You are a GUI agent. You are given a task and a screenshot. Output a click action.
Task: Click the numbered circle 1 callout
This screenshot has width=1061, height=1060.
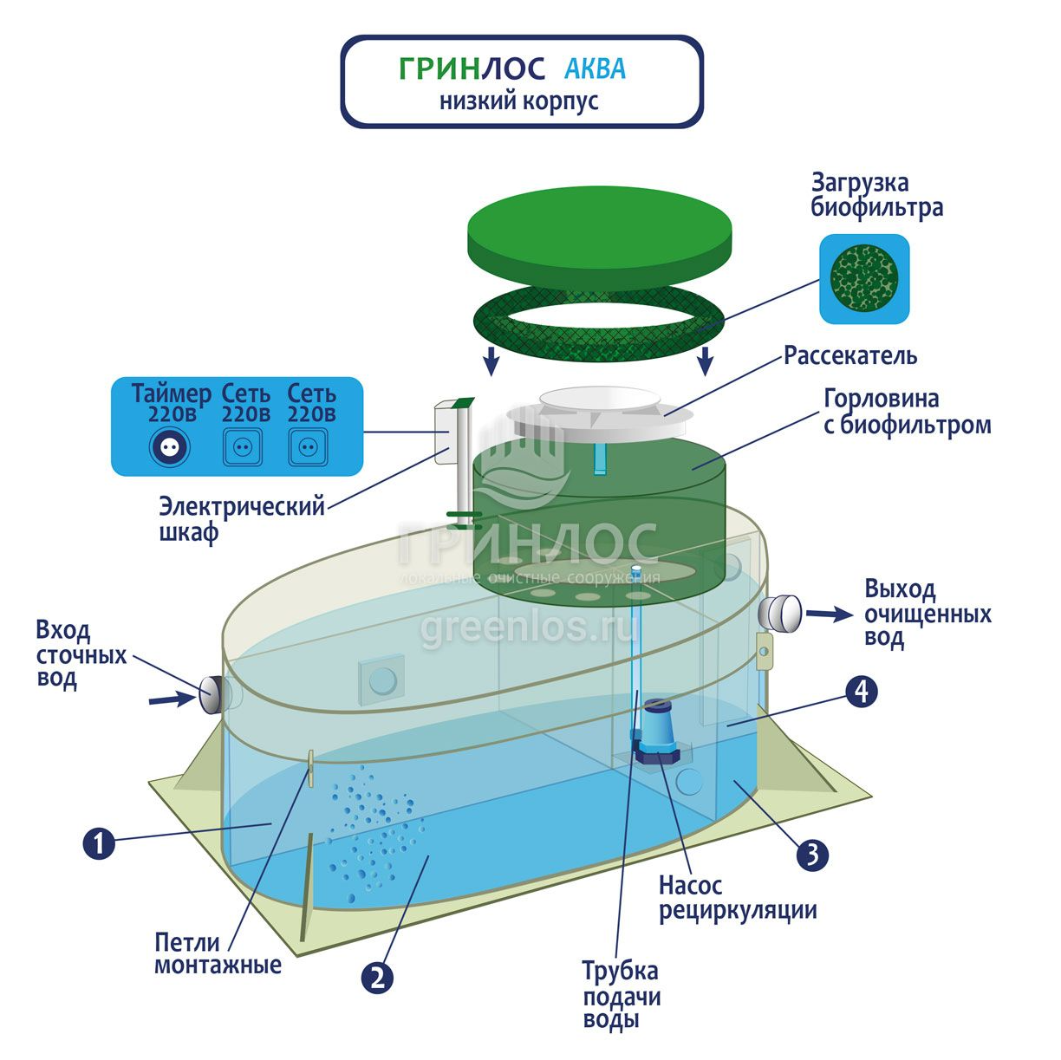[x=99, y=842]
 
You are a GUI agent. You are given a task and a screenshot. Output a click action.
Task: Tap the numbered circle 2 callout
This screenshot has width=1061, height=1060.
[x=377, y=979]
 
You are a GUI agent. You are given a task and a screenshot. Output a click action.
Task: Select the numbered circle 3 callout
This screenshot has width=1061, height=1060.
[x=812, y=855]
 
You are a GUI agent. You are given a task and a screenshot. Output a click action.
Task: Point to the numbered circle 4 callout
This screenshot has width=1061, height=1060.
[x=861, y=692]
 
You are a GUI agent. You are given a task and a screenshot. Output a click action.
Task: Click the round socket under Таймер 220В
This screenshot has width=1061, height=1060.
[x=169, y=447]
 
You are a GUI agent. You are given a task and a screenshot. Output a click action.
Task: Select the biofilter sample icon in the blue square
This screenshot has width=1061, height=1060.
[x=864, y=280]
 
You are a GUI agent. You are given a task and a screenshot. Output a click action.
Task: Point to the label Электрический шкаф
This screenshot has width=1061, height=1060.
[x=241, y=518]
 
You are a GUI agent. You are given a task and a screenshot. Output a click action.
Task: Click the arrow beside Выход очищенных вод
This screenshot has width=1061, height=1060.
[x=830, y=615]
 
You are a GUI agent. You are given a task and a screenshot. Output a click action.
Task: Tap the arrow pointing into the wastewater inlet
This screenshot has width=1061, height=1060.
[x=171, y=698]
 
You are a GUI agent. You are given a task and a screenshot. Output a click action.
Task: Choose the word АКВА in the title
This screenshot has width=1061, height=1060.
[x=595, y=68]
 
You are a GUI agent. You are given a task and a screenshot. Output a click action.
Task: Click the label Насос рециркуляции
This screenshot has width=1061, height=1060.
[x=737, y=898]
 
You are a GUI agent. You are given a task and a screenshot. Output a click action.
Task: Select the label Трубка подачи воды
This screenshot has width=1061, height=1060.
[x=621, y=995]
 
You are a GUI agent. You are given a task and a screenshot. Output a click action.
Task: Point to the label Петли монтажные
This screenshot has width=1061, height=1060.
[x=218, y=953]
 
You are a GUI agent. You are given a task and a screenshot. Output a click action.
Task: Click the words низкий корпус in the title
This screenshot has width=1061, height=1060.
[x=518, y=101]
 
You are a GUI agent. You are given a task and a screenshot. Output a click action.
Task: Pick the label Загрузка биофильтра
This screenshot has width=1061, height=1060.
[x=876, y=195]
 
